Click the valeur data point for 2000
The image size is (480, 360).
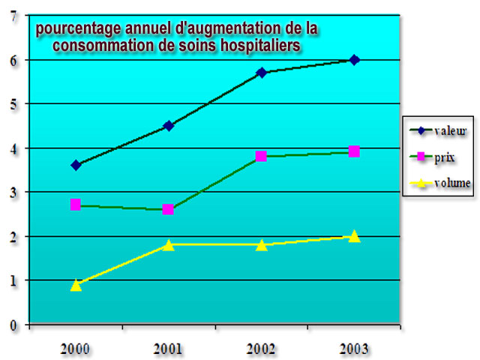click(76, 165)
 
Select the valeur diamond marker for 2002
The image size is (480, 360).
click(261, 73)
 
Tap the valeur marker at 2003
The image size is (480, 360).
click(354, 60)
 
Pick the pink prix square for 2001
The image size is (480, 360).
click(168, 209)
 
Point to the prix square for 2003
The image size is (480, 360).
click(354, 151)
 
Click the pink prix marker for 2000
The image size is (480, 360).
click(76, 204)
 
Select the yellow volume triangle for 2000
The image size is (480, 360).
click(76, 285)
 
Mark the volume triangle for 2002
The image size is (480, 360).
click(261, 244)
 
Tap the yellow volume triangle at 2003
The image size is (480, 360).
click(354, 236)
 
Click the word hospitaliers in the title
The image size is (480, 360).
click(250, 46)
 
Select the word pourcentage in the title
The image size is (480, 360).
click(76, 28)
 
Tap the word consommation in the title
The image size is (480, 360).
click(98, 46)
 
